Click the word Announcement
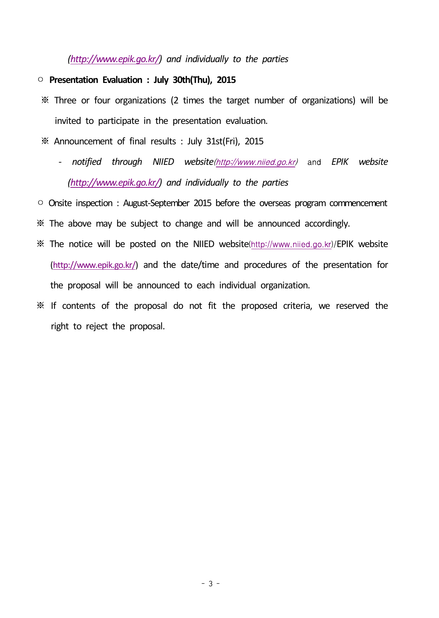[x=83, y=142]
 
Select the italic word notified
[x=87, y=162]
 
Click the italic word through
[x=127, y=162]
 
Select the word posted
[x=142, y=244]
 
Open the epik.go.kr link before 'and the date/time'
[x=94, y=265]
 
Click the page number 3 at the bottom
[x=211, y=584]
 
